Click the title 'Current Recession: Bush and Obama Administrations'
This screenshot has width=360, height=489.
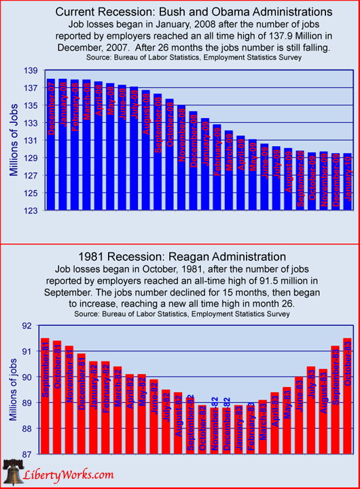pyautogui.click(x=180, y=12)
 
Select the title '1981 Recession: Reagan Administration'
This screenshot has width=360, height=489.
pyautogui.click(x=181, y=257)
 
